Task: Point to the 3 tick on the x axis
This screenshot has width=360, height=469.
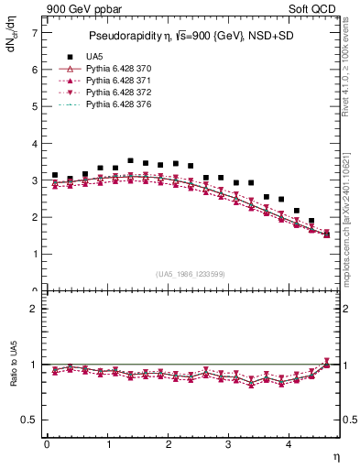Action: [228, 445]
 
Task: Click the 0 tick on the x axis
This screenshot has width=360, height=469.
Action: [47, 445]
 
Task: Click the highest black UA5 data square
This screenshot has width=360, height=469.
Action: [130, 160]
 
